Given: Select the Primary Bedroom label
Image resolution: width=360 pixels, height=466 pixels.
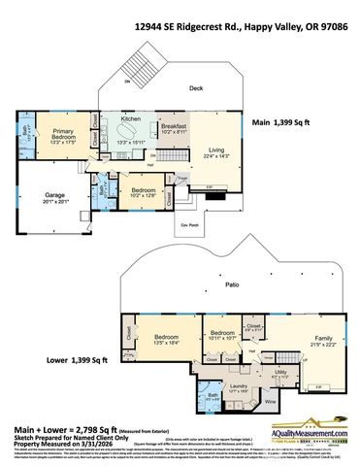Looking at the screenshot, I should pyautogui.click(x=64, y=134).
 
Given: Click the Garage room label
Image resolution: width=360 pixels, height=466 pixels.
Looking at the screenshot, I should pyautogui.click(x=54, y=197).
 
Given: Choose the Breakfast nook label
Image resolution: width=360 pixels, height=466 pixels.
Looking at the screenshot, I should pyautogui.click(x=174, y=126).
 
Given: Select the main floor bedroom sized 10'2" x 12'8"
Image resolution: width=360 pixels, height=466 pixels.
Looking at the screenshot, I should pyautogui.click(x=143, y=191).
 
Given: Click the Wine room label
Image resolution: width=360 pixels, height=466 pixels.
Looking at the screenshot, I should pyautogui.click(x=270, y=401).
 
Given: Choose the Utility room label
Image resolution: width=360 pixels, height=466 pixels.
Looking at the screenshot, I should pyautogui.click(x=279, y=372).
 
